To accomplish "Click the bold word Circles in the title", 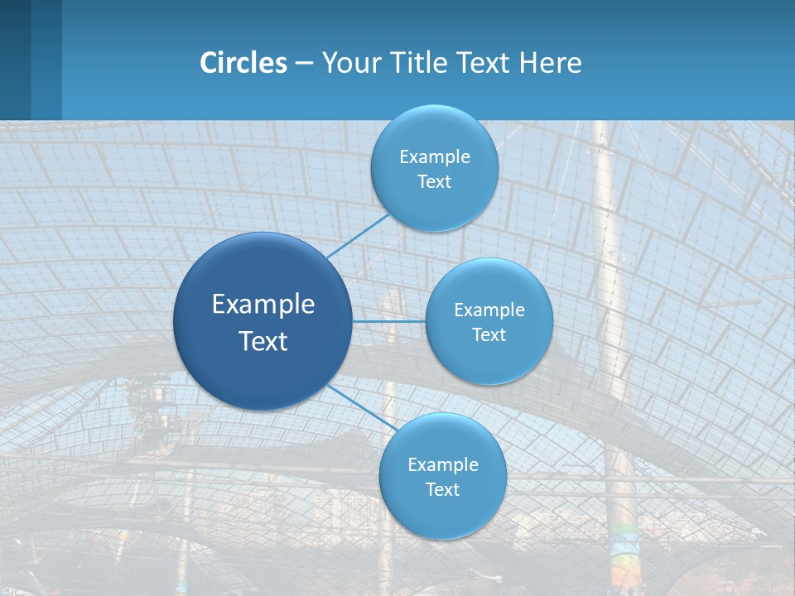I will pos(243,63).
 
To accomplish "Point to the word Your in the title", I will pos(349,63).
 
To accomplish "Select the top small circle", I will pos(434,132).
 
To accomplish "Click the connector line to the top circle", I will pos(358,237).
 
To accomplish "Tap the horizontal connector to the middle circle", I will pos(388,321).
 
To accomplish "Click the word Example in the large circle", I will pos(263,305).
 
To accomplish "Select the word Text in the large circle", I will pos(263,341).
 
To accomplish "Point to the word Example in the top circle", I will pos(435,157).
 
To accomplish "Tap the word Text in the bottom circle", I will pos(442,489).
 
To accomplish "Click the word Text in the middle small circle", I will pos(489,334).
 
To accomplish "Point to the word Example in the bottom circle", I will pos(443,465).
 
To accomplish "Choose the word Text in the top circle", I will pos(434,181).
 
